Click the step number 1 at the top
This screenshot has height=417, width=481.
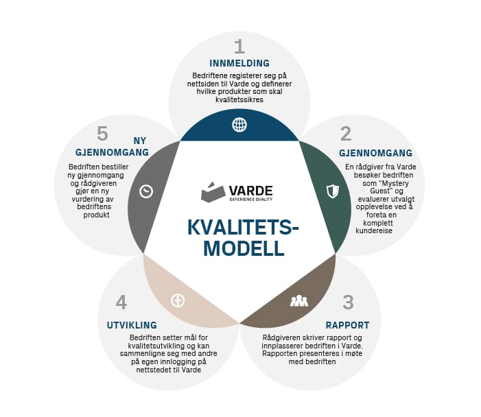pyautogui.click(x=239, y=47)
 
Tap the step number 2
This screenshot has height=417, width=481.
pyautogui.click(x=346, y=133)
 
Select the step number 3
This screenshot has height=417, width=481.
pyautogui.click(x=349, y=302)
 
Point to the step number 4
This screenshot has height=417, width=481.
pyautogui.click(x=121, y=302)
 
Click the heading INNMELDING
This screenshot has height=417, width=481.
pyautogui.click(x=239, y=64)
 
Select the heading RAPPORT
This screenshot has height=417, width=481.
pyautogui.click(x=347, y=325)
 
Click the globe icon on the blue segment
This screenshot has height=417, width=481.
pyautogui.click(x=239, y=124)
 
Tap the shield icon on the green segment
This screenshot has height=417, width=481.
pyautogui.click(x=332, y=191)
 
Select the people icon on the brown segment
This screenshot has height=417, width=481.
pyautogui.click(x=299, y=300)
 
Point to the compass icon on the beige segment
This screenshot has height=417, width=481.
pyautogui.click(x=178, y=300)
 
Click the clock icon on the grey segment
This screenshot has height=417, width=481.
pyautogui.click(x=146, y=191)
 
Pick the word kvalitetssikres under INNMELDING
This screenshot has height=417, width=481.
pyautogui.click(x=239, y=100)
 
